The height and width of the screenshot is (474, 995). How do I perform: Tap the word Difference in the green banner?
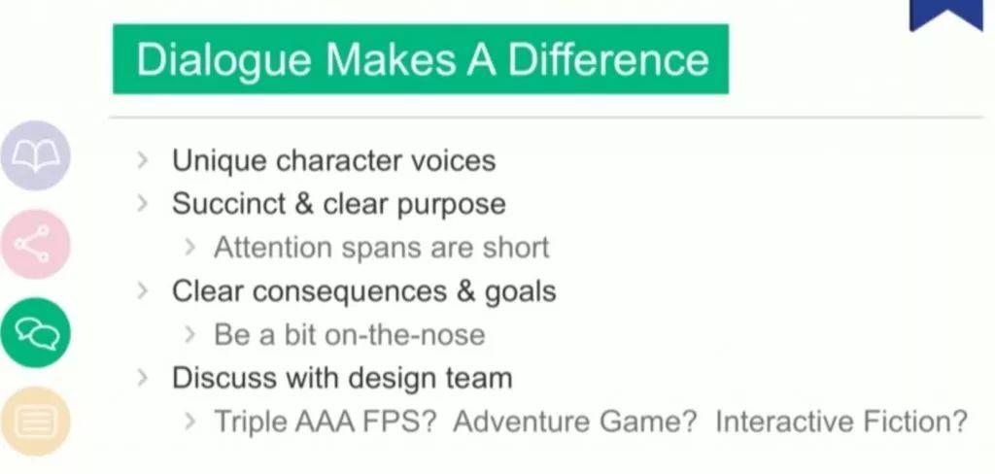[607, 59]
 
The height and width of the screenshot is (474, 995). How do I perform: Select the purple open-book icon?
[35, 155]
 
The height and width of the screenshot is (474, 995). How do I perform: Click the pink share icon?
[35, 244]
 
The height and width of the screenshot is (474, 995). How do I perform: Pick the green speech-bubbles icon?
[35, 332]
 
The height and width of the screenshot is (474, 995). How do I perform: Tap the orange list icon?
[35, 421]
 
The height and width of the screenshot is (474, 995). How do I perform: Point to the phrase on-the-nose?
[404, 335]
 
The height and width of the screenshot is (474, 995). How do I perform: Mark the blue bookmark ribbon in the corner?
[945, 14]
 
